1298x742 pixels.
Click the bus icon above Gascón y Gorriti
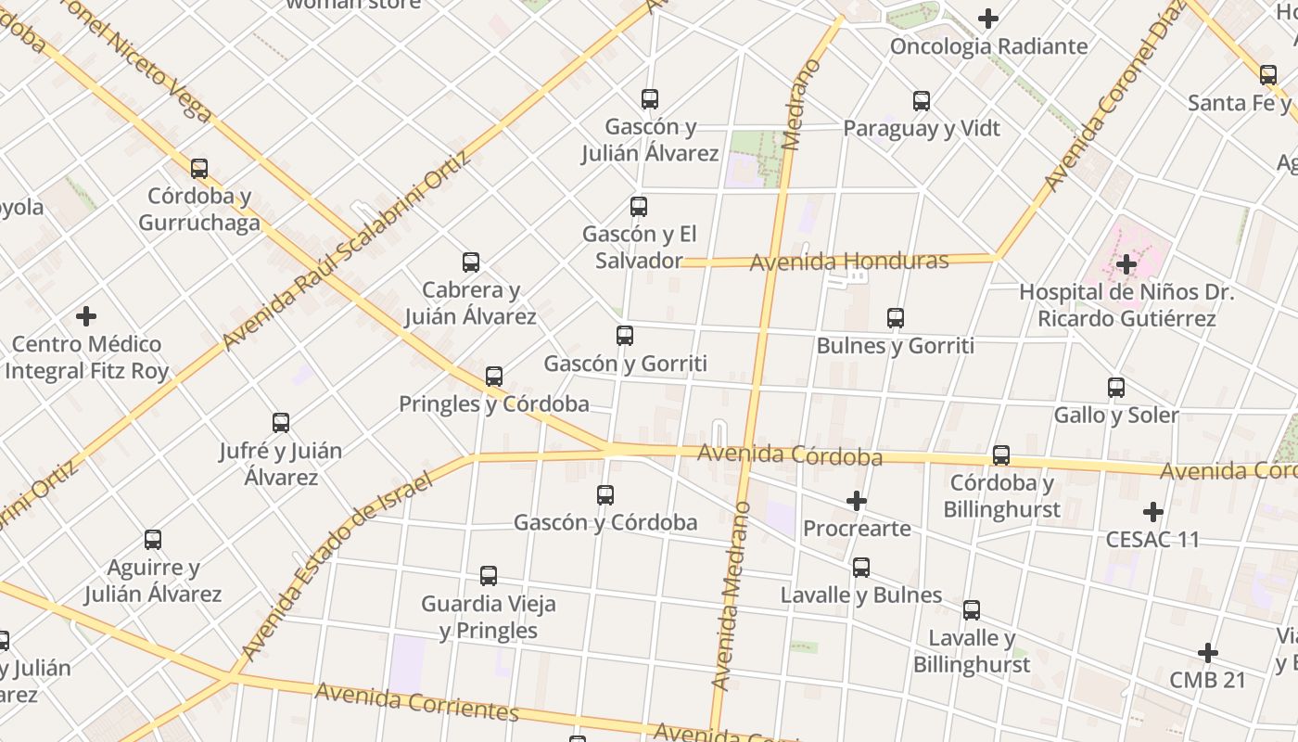click(625, 336)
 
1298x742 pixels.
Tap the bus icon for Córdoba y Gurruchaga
click(199, 169)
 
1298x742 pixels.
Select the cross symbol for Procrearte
click(857, 502)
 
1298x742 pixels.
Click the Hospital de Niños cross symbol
click(1126, 264)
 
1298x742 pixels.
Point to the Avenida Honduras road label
click(848, 262)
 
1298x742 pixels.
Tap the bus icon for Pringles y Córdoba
click(494, 377)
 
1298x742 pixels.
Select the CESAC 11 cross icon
click(1153, 512)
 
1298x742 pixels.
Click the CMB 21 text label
click(1207, 680)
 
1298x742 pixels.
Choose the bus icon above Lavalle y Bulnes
click(861, 568)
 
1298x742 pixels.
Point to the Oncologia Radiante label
click(988, 46)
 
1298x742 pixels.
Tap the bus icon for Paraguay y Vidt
click(922, 101)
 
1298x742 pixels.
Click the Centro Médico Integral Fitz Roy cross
click(86, 317)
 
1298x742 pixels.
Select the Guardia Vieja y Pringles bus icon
click(489, 576)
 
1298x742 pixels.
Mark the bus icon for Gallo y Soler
click(1116, 388)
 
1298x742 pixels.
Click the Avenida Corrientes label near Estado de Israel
click(416, 702)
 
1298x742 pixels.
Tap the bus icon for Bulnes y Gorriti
click(896, 318)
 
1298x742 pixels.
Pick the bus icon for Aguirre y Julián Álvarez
click(153, 540)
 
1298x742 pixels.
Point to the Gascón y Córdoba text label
click(605, 522)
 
